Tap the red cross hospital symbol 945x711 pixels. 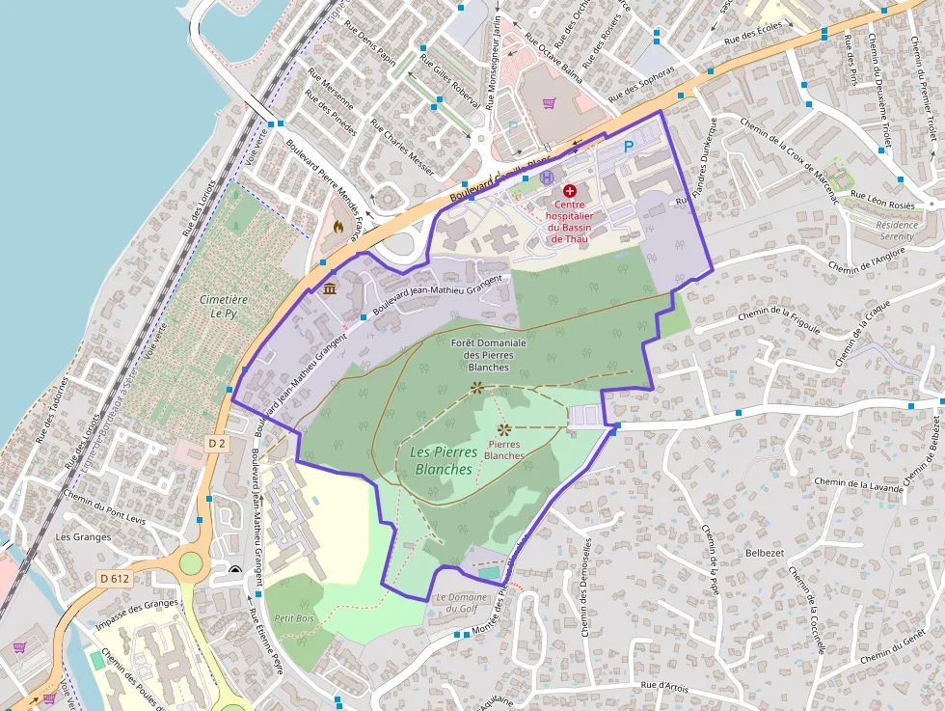coord(569,191)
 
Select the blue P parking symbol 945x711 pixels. coord(629,147)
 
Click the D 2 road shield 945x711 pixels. coord(216,443)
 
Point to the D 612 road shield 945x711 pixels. coord(115,578)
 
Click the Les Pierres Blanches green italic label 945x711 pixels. coord(442,460)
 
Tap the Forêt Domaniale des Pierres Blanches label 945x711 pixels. coord(488,354)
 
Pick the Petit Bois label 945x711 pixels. coord(294,617)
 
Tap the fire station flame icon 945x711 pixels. coord(337,226)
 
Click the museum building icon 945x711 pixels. coord(330,289)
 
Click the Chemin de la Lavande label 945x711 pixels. coord(858,484)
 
